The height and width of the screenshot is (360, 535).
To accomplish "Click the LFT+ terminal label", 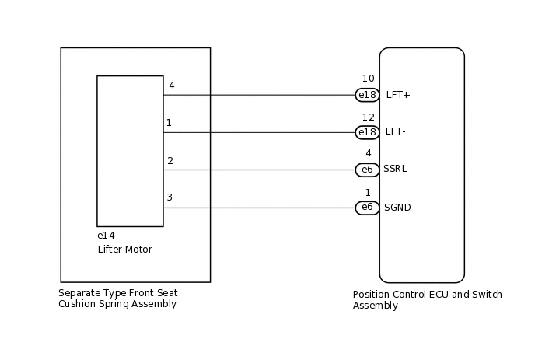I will click(397, 95).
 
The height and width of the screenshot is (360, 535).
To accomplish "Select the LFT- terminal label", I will click(395, 131).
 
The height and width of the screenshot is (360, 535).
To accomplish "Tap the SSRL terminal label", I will click(395, 169).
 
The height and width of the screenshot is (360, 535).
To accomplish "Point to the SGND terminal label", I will click(397, 208).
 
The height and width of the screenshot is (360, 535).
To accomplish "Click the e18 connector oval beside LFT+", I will click(367, 95).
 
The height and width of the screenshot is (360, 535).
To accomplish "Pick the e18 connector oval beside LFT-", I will click(367, 132).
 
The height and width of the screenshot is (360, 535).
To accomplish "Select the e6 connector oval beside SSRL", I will click(367, 170).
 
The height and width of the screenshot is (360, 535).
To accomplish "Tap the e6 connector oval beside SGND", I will click(367, 208).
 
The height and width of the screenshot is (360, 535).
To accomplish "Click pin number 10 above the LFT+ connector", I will click(368, 79).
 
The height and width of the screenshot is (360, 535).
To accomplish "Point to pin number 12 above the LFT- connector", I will click(368, 117).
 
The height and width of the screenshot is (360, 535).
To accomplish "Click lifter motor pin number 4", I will click(171, 86).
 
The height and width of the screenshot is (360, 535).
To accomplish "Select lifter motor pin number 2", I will click(170, 161).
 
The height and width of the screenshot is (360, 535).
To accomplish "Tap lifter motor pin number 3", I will click(170, 197).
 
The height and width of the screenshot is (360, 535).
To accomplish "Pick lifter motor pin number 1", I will click(169, 123).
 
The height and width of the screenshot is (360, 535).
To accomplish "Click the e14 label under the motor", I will click(106, 236).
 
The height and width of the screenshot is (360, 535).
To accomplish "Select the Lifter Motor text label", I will click(124, 250).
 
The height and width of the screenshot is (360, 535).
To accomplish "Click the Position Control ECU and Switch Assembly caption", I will click(427, 300).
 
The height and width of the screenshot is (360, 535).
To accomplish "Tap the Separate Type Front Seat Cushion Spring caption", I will click(117, 299).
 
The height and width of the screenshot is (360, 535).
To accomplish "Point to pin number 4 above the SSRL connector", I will click(368, 153).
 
